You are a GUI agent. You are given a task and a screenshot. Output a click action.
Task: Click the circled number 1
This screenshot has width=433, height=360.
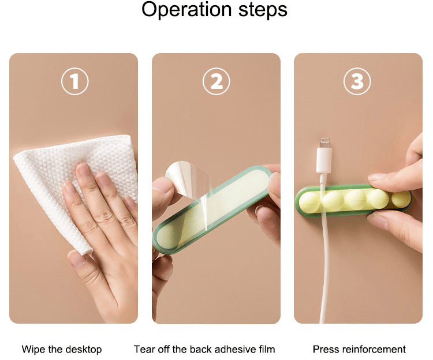pos(74,81)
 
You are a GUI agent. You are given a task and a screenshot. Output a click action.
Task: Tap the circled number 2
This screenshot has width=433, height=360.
pos(216,81)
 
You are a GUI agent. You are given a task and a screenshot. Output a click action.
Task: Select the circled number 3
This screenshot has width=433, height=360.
pos(357,81)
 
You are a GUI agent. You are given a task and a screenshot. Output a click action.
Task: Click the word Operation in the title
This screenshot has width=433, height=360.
pos(186,10)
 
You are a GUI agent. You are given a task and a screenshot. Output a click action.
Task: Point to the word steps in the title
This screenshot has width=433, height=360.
pos(263,10)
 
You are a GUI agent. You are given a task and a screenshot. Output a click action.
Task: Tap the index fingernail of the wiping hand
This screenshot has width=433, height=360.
pos(83,170)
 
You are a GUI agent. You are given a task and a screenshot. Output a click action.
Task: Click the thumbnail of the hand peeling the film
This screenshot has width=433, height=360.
pos(163,184)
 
